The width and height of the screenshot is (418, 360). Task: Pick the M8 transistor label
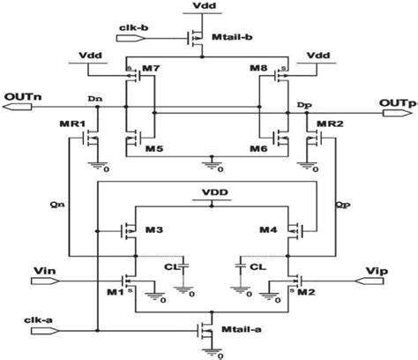(260, 68)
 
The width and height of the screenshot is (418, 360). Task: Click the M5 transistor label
(153, 146)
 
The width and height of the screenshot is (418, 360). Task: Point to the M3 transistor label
(153, 230)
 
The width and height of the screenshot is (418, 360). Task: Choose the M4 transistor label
(269, 230)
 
